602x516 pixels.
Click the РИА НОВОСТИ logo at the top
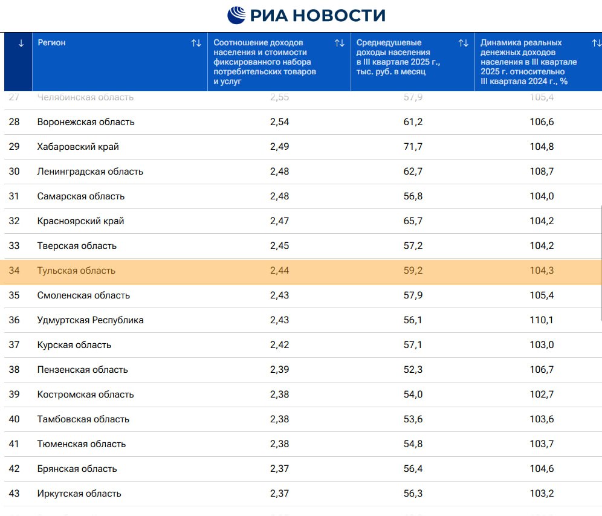pos(306,15)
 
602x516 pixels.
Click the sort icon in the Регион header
pos(196,43)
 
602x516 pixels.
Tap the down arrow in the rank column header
pos(21,43)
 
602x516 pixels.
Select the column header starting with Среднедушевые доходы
pos(398,57)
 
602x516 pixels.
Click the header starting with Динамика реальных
pos(528,62)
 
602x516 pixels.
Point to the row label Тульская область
pos(76,271)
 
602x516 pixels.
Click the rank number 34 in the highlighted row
pos(14,271)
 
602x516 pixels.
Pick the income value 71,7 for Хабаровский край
pos(413,147)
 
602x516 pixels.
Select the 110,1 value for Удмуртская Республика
pos(542,320)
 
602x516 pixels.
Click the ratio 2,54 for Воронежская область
pos(279,122)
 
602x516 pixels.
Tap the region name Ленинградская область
pos(90,172)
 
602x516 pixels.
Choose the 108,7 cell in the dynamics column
pos(542,172)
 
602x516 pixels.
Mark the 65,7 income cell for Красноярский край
pos(413,221)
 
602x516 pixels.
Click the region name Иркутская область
pos(79,494)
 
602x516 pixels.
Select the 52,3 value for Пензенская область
pos(413,370)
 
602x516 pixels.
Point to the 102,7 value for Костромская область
pos(542,395)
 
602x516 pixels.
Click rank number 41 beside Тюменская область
pos(14,444)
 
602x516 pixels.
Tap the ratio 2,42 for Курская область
pos(279,345)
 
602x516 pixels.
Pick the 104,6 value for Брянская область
pos(542,469)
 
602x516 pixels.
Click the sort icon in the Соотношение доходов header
pos(340,43)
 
